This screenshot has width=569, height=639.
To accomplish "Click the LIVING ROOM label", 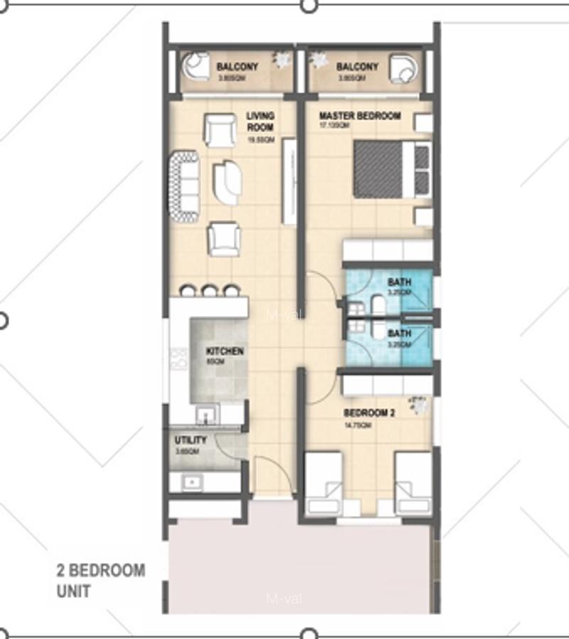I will (x=260, y=121).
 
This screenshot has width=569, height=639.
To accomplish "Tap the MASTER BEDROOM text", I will (x=359, y=116).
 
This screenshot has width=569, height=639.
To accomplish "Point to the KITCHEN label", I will (x=224, y=351).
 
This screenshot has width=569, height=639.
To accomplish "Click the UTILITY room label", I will (x=190, y=440).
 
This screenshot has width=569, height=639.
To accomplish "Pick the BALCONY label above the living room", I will (x=237, y=67).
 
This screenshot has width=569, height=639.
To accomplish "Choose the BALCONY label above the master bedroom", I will (x=357, y=67).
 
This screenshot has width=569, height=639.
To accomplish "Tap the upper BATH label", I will (x=399, y=283).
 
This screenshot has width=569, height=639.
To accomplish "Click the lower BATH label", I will (x=399, y=333).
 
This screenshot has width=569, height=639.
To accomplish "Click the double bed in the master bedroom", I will (x=391, y=169).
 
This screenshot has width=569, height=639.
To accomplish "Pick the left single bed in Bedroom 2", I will (x=323, y=483).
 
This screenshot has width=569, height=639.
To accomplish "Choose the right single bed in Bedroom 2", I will (x=413, y=483).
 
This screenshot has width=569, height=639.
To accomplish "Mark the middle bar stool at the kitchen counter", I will (x=209, y=290).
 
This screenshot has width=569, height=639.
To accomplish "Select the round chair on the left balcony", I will (x=194, y=67).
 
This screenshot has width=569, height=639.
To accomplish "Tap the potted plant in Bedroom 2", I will (x=419, y=405).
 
